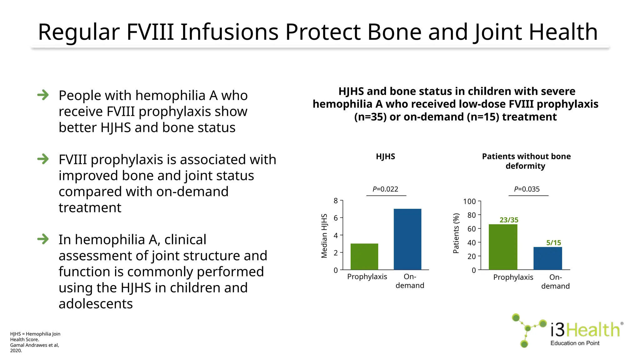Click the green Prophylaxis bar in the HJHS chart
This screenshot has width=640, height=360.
pyautogui.click(x=364, y=257)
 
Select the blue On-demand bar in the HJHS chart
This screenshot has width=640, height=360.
pyautogui.click(x=407, y=239)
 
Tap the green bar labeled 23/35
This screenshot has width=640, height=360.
pyautogui.click(x=503, y=247)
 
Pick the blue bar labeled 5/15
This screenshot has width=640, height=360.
pyautogui.click(x=547, y=258)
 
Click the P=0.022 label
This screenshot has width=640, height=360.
pyautogui.click(x=385, y=189)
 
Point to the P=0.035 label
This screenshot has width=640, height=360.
pyautogui.click(x=527, y=189)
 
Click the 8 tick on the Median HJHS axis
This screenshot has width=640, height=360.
pyautogui.click(x=336, y=201)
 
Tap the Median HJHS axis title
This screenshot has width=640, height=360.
pyautogui.click(x=324, y=236)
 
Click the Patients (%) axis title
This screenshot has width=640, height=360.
pyautogui.click(x=456, y=233)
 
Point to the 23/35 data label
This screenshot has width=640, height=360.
pyautogui.click(x=509, y=220)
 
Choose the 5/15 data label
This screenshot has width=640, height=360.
pyautogui.click(x=553, y=243)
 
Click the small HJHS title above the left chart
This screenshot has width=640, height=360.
pyautogui.click(x=385, y=157)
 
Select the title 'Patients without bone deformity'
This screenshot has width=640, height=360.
pyautogui.click(x=526, y=161)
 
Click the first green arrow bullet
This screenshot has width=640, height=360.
pyautogui.click(x=43, y=95)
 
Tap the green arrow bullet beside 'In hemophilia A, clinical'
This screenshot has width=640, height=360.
pyautogui.click(x=43, y=239)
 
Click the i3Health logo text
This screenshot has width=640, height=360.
pyautogui.click(x=585, y=330)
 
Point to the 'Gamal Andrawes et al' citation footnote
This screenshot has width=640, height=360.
pyautogui.click(x=34, y=345)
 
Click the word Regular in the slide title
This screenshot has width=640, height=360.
pyautogui.click(x=79, y=32)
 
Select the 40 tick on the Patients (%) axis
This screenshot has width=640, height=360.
pyautogui.click(x=471, y=243)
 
